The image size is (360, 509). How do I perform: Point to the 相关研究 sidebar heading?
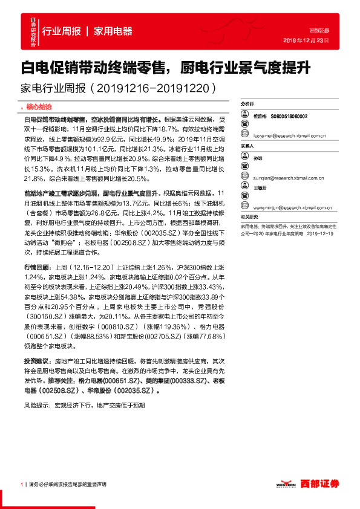(249, 216)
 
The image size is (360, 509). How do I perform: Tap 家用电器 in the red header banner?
(113, 31)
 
